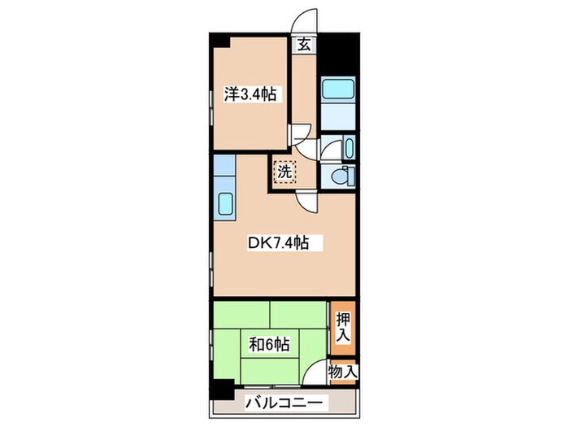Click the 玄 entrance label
[x=302, y=45]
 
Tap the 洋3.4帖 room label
[x=250, y=94]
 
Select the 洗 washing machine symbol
[x=284, y=171]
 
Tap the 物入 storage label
[x=343, y=371]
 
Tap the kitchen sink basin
[x=225, y=204]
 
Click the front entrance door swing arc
[x=305, y=20]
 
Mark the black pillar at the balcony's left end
[x=218, y=390]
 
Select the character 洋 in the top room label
[x=231, y=94]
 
